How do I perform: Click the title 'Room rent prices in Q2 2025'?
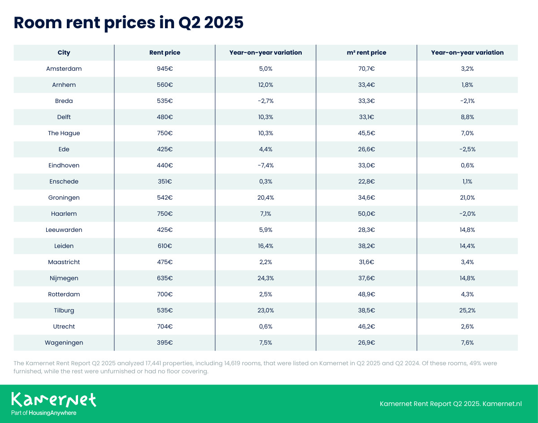pos(129,22)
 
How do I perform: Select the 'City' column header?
pos(64,53)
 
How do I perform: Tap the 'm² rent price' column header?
pos(366,53)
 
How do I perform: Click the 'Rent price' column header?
pos(165,53)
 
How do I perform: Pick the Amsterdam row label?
pos(64,69)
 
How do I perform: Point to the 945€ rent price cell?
pos(165,69)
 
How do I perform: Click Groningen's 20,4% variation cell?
pos(265,198)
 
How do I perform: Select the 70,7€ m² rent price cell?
pos(366,69)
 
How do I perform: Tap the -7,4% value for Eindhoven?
pos(265,166)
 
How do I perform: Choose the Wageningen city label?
pos(64,343)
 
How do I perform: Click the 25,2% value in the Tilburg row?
pos(467,311)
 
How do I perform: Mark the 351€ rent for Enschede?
pos(165,182)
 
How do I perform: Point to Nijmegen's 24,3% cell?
pos(265,278)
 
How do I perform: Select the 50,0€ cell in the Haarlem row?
pos(366,214)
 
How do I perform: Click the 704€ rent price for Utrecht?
pos(165,327)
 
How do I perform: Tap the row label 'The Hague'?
pos(64,133)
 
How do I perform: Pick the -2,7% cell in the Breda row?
pos(265,101)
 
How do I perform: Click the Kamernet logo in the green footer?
pos(54,399)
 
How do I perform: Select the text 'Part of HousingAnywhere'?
pos(44,413)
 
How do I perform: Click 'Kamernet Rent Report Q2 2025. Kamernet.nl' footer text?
pos(451,404)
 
